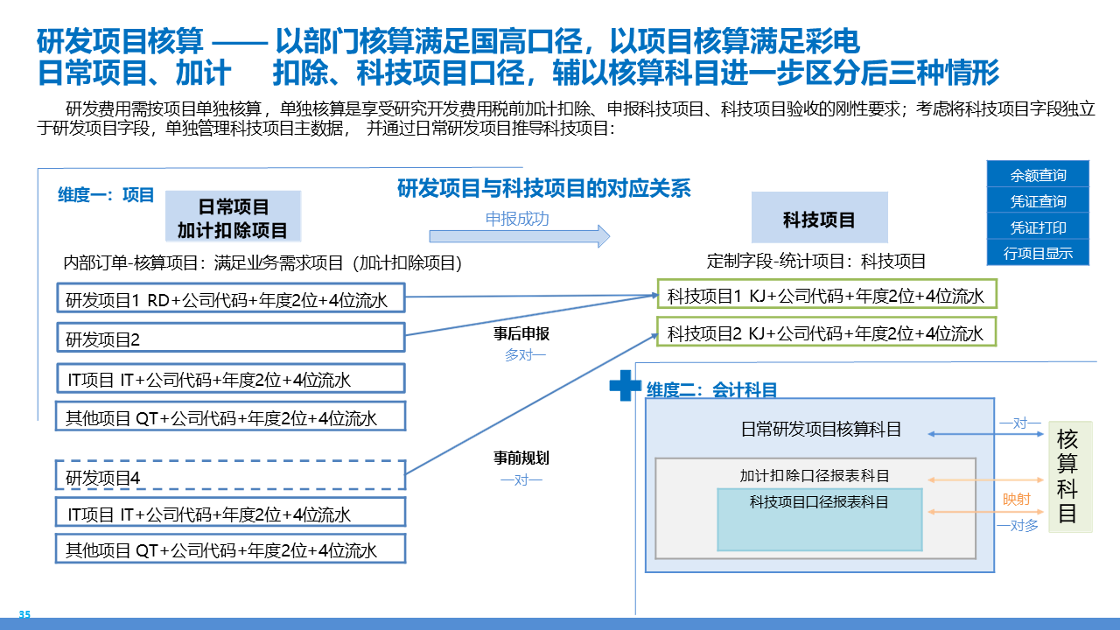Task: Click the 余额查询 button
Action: point(1038,175)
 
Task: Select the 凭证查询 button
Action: point(1038,201)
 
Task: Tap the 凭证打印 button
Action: point(1038,227)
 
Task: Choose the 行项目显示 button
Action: point(1038,254)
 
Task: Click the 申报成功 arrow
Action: point(519,234)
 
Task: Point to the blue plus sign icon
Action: point(625,385)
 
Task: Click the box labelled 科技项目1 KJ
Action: point(827,296)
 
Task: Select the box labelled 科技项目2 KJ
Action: point(827,332)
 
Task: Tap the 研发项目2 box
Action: point(231,339)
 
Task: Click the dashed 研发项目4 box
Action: point(231,477)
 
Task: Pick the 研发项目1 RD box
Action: point(231,300)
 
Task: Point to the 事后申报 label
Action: point(521,334)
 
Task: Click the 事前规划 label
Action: point(521,458)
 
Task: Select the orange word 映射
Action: point(1017,500)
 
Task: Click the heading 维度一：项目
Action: point(106,194)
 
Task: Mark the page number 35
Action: point(24,615)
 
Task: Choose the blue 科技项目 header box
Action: point(819,219)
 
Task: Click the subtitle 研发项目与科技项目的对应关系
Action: point(544,188)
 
